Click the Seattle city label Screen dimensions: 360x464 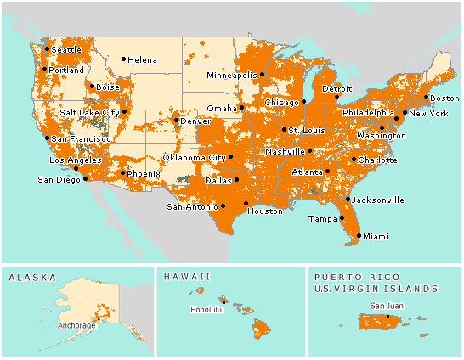66,50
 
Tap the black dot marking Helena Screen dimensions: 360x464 123,59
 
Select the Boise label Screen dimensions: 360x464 108,87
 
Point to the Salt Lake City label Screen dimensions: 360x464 89,112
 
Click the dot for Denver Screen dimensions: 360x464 177,120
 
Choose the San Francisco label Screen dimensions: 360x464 81,138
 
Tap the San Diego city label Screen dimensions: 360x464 58,179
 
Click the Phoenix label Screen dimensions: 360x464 144,174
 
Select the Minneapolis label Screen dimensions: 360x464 233,75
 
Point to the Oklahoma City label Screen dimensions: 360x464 195,158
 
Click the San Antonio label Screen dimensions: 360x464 192,206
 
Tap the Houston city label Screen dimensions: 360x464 264,211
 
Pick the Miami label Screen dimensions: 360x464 375,237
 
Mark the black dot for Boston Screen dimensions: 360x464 427,97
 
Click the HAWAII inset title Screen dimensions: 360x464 186,277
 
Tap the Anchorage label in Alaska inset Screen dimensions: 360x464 76,324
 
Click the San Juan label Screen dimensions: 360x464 387,306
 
